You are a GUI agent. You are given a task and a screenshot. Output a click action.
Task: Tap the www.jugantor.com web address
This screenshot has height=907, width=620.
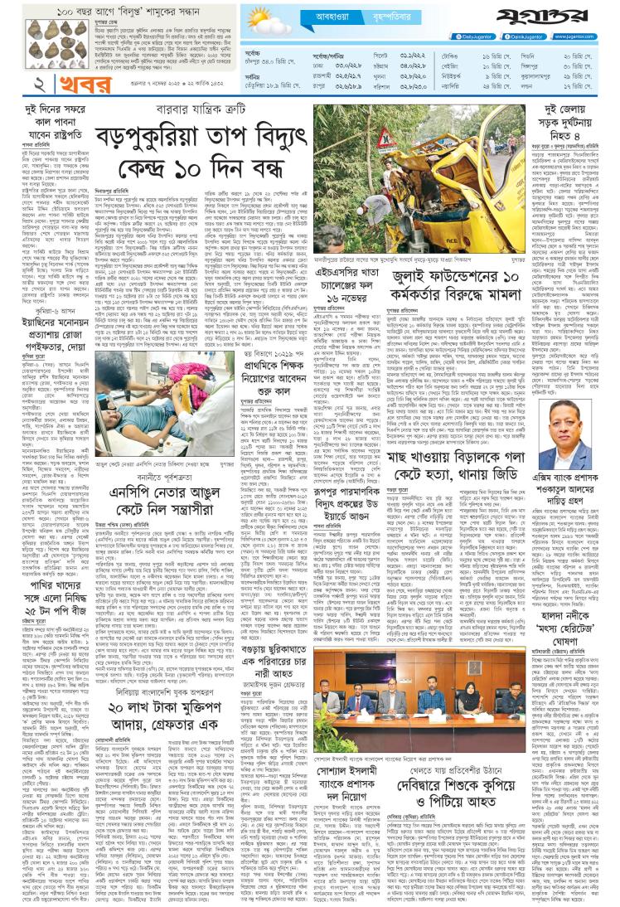tap(588, 37)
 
